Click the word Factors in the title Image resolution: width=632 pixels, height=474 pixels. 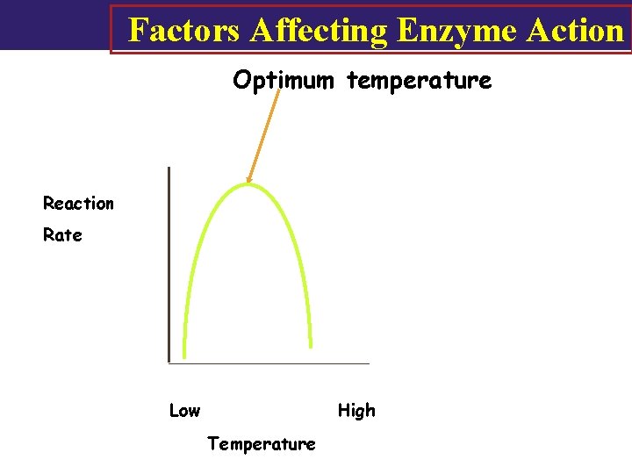(x=184, y=30)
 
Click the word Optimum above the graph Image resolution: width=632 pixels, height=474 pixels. (x=283, y=81)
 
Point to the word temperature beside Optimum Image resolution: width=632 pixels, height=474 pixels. (x=420, y=81)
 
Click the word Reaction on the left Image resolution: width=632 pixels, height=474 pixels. (x=78, y=204)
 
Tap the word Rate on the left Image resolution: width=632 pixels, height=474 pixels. (x=62, y=235)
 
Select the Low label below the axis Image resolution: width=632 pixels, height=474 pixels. (x=184, y=411)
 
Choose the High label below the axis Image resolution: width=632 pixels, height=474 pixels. (x=356, y=411)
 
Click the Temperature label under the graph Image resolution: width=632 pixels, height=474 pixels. (x=262, y=444)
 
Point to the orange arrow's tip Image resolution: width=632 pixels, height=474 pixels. (x=248, y=182)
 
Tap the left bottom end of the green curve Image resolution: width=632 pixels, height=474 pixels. (x=184, y=355)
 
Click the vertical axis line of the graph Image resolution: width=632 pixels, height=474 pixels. (x=169, y=263)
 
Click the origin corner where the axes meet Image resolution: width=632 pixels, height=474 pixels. (x=169, y=362)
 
